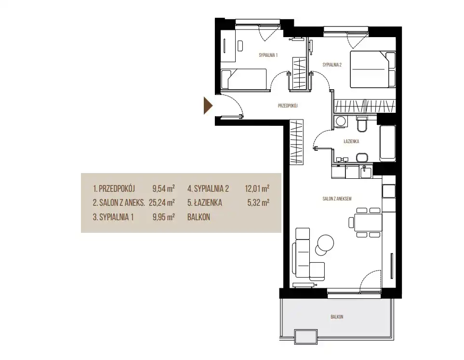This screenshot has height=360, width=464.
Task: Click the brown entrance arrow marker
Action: (x=208, y=106)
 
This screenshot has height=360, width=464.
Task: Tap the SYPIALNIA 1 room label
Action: (x=268, y=55)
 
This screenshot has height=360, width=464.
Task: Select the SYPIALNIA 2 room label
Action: (x=332, y=65)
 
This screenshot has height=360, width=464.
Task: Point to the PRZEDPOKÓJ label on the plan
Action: (x=288, y=106)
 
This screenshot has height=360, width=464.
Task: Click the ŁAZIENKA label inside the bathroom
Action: (x=351, y=142)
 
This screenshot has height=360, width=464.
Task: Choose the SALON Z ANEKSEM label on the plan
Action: (x=337, y=199)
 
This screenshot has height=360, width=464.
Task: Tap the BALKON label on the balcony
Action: (x=337, y=317)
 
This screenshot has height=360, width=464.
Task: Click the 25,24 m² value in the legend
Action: (x=162, y=203)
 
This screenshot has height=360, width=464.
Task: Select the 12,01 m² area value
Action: (x=257, y=188)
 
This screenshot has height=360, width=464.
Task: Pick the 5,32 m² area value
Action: (x=258, y=203)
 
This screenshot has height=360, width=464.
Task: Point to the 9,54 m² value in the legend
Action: (x=164, y=188)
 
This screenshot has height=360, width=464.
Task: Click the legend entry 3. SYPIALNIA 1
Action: (x=113, y=217)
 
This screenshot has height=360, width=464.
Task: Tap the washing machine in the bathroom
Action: (x=341, y=121)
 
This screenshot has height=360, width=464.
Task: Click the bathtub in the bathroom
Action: (x=387, y=144)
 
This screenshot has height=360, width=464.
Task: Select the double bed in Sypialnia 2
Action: (x=373, y=69)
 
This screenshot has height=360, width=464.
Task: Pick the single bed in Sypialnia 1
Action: (x=244, y=79)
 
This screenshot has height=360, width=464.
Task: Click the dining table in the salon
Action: (x=368, y=222)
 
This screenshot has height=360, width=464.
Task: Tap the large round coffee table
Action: (x=326, y=243)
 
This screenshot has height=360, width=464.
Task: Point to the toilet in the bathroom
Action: (x=362, y=124)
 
